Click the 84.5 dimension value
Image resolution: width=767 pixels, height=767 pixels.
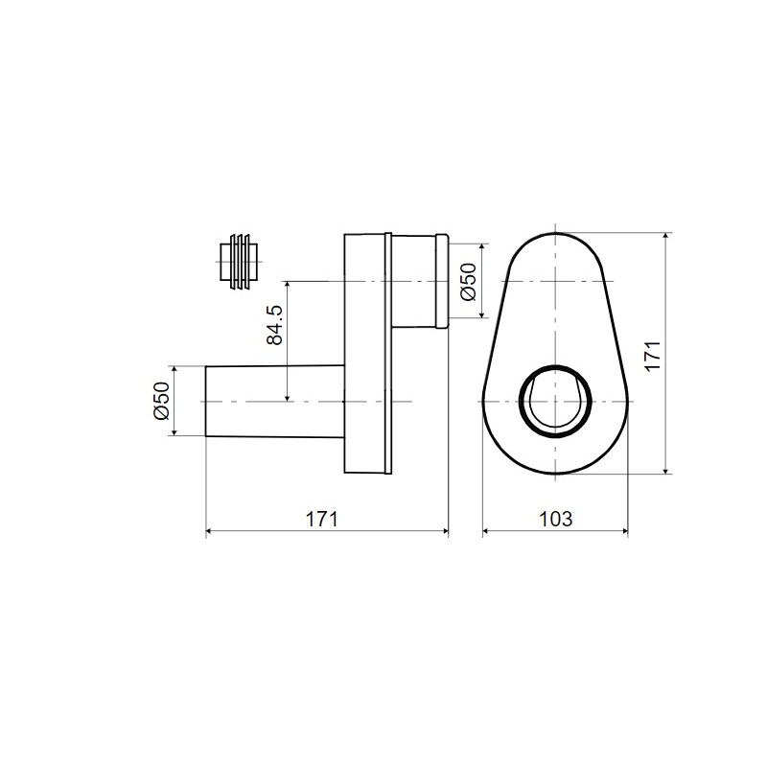(x=275, y=325)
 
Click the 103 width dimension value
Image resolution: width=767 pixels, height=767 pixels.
(x=555, y=519)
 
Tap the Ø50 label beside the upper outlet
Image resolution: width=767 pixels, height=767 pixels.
(x=468, y=282)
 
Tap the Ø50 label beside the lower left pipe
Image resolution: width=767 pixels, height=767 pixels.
(x=161, y=401)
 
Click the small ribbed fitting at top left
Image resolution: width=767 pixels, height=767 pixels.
(x=238, y=262)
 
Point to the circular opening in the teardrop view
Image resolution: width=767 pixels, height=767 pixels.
(x=555, y=401)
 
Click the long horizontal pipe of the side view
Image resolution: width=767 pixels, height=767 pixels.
(x=275, y=401)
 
